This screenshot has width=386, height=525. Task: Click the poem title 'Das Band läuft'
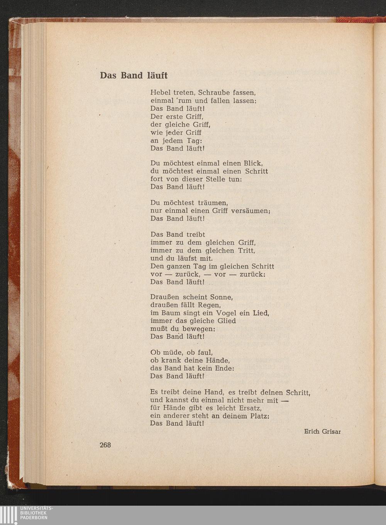pyautogui.click(x=134, y=75)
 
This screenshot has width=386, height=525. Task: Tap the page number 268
pyautogui.click(x=105, y=445)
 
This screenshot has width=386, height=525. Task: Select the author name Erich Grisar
pyautogui.click(x=322, y=431)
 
